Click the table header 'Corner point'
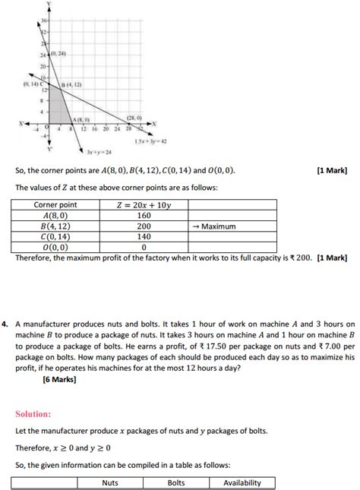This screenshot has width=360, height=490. tap(55, 205)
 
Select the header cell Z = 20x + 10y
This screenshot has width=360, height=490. tap(144, 205)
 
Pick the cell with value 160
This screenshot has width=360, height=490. tap(144, 216)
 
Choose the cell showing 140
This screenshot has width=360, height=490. tap(144, 237)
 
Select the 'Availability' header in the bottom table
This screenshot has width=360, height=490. tap(242, 482)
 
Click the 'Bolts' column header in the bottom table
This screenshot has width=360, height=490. tap(176, 482)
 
